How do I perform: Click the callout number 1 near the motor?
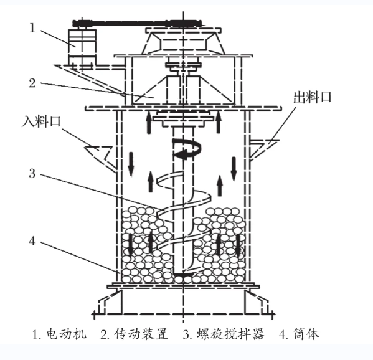click(x=32, y=28)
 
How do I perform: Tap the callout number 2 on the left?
click(x=32, y=83)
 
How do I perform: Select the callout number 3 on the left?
click(x=32, y=173)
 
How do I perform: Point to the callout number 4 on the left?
click(x=32, y=242)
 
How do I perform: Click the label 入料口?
click(x=41, y=121)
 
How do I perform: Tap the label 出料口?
click(x=313, y=97)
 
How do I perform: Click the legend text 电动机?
click(x=67, y=334)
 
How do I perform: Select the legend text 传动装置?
click(x=141, y=334)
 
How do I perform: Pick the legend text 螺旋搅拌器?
click(x=230, y=334)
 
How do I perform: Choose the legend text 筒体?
click(x=306, y=334)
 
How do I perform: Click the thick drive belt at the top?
click(x=138, y=23)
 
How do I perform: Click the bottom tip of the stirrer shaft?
click(x=183, y=275)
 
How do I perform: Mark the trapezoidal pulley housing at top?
click(x=183, y=42)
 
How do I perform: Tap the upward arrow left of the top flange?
click(x=149, y=123)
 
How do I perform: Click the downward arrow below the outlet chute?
click(x=234, y=168)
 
